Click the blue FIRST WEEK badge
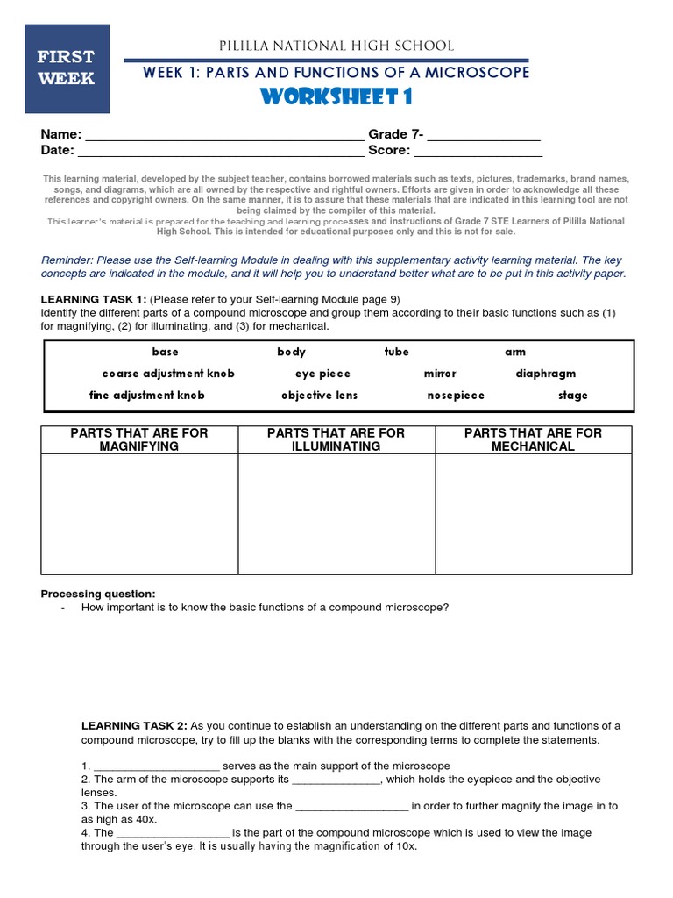(x=67, y=68)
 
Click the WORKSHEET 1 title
(x=336, y=96)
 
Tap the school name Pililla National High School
(x=336, y=46)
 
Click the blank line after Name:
(x=223, y=137)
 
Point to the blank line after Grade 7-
(x=484, y=137)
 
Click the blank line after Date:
(x=221, y=153)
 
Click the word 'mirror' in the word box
(x=440, y=374)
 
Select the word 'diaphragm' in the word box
(x=546, y=374)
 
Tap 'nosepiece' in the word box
(x=456, y=396)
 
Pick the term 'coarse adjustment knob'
(x=168, y=374)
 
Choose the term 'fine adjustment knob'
(x=147, y=396)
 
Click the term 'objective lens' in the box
(x=319, y=396)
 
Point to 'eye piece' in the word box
(x=322, y=374)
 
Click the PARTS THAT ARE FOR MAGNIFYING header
(x=139, y=439)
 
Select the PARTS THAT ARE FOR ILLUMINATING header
(x=336, y=439)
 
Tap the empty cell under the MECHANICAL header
(x=533, y=514)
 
